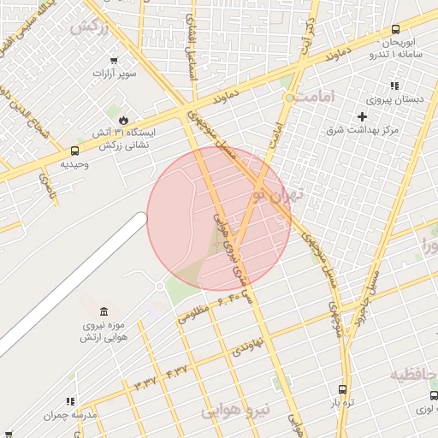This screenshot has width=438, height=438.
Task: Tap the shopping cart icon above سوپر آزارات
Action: click(x=114, y=60)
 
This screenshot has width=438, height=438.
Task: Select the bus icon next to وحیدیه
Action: click(x=74, y=151)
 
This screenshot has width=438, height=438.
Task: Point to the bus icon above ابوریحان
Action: click(x=394, y=28)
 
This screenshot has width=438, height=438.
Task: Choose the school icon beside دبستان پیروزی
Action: click(x=394, y=86)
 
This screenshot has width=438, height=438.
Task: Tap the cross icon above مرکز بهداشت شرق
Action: click(x=363, y=115)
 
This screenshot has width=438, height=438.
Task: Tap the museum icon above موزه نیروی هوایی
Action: click(x=104, y=310)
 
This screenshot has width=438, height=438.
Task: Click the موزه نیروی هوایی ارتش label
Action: click(x=104, y=331)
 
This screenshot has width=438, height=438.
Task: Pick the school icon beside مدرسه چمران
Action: click(x=70, y=400)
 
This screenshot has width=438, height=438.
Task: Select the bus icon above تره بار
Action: click(x=343, y=388)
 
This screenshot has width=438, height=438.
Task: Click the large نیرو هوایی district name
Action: click(x=235, y=411)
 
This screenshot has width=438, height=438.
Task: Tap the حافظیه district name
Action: click(x=415, y=375)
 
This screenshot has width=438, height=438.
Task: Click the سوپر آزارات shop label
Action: click(x=114, y=74)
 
